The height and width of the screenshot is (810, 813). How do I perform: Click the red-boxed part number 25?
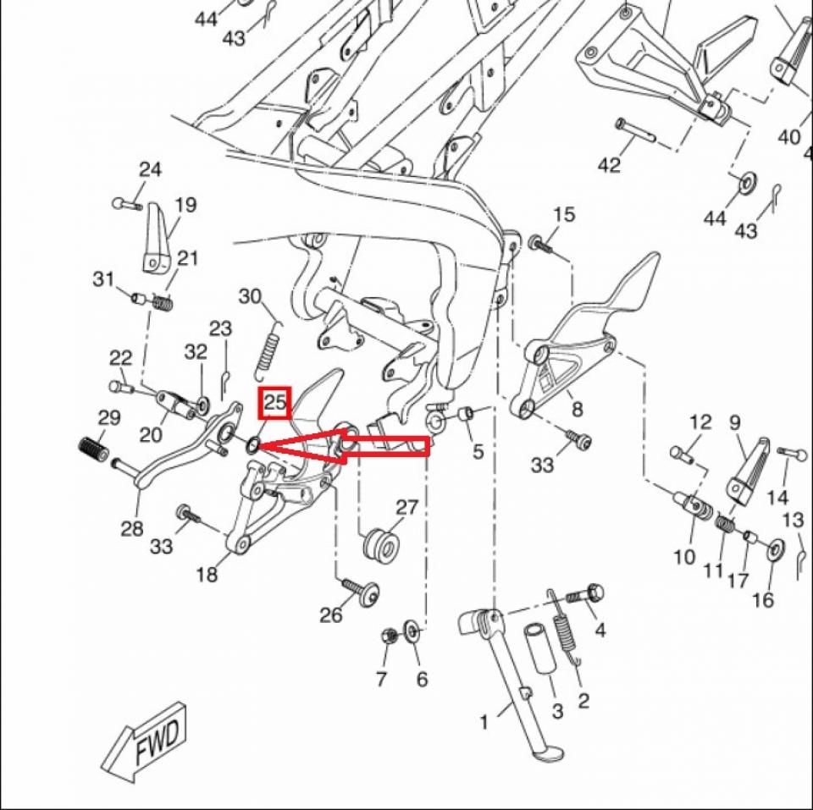click(x=275, y=403)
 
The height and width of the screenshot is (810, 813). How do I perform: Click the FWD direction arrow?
click(x=148, y=738)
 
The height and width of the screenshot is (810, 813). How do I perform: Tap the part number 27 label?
click(x=407, y=508)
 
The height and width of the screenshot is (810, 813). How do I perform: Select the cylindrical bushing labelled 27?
click(x=380, y=543)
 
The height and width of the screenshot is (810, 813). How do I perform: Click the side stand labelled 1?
click(x=508, y=677)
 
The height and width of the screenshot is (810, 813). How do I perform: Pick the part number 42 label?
click(x=609, y=165)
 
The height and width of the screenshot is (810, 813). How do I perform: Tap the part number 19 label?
click(x=185, y=204)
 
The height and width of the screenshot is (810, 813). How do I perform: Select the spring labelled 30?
click(x=269, y=347)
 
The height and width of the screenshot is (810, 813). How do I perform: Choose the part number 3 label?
click(x=556, y=713)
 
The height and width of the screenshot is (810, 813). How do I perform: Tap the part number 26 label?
click(x=331, y=614)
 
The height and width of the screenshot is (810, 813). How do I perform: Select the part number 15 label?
click(x=564, y=214)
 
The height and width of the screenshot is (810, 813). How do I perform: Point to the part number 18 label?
click(x=207, y=575)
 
